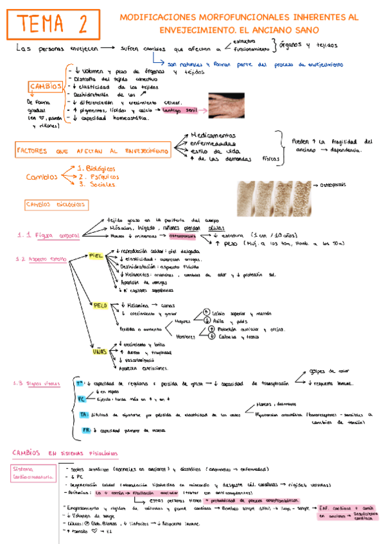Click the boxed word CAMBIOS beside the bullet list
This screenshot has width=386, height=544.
[x=46, y=87]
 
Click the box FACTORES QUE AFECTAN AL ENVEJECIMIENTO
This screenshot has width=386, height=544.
[x=93, y=150]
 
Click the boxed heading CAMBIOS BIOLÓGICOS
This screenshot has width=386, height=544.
[x=56, y=205]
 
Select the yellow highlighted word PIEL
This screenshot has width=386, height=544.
[x=96, y=255]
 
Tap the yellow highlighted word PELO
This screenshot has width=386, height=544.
[x=100, y=306]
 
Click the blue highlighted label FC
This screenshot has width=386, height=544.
[x=81, y=399]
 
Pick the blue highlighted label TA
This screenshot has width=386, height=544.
[x=83, y=415]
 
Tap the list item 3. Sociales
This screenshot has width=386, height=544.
[x=96, y=184]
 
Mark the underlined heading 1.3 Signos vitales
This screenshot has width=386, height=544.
[x=37, y=384]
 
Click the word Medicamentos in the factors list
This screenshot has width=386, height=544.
[x=213, y=135]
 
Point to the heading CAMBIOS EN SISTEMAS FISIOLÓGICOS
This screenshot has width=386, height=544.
[x=65, y=454]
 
